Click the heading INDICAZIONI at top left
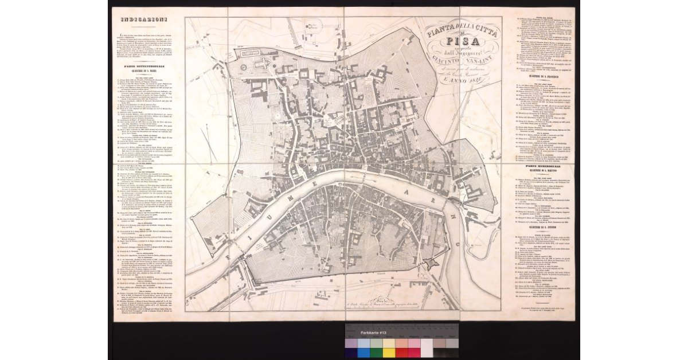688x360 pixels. click(x=139, y=21)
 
